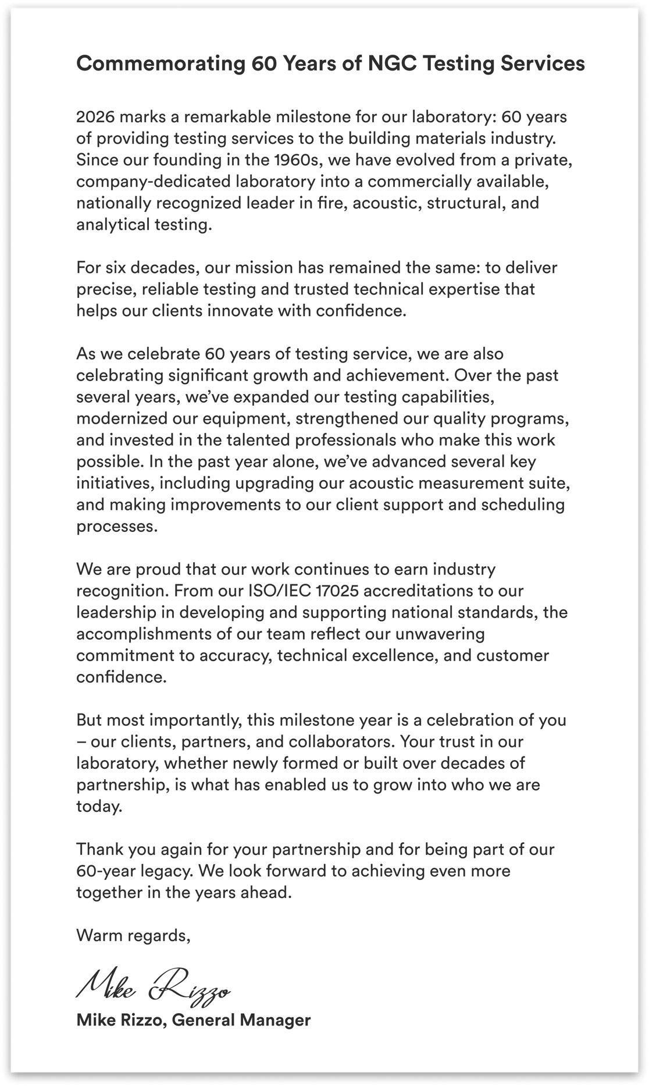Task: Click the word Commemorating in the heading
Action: tap(160, 63)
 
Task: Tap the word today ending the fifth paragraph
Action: tap(99, 806)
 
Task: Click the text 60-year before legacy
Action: tap(105, 871)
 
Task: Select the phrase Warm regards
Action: tap(133, 935)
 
